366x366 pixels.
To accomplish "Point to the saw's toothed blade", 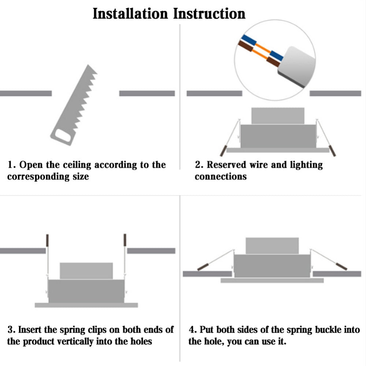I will tap(82, 95).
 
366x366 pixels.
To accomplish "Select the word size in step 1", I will tap(79, 177).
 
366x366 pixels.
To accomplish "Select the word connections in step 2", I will tap(220, 177).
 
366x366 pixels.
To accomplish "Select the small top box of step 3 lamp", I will tap(86, 271).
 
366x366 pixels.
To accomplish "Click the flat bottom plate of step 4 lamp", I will tap(272, 280).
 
